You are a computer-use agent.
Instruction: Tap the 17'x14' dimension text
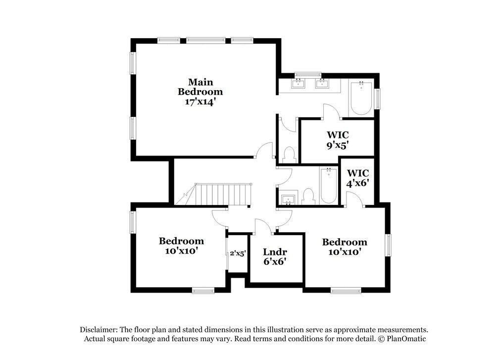pyautogui.click(x=200, y=102)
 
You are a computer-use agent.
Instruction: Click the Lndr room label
pyautogui.click(x=275, y=252)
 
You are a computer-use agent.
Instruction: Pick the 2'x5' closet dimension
pyautogui.click(x=238, y=253)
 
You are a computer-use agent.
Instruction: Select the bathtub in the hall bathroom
pyautogui.click(x=328, y=186)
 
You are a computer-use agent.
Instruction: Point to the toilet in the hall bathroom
pyautogui.click(x=308, y=197)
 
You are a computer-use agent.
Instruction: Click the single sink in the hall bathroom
pyautogui.click(x=288, y=200)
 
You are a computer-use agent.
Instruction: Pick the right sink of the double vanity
pyautogui.click(x=323, y=83)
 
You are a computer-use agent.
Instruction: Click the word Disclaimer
pyautogui.click(x=99, y=329)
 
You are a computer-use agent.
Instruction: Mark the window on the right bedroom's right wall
pyautogui.click(x=389, y=245)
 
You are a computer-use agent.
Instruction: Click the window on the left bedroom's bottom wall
pyautogui.click(x=203, y=291)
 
